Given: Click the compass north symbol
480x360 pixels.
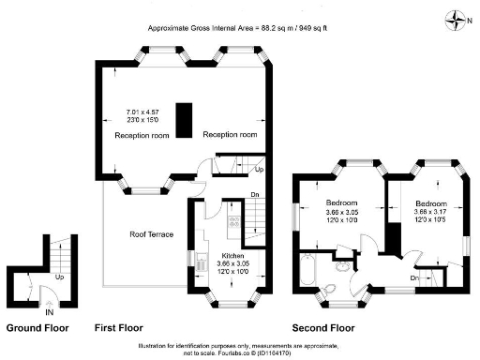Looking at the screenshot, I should (457, 17).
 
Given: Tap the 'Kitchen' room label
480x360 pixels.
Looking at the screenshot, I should (233, 256).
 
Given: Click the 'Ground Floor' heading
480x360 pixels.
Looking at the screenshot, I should (37, 329).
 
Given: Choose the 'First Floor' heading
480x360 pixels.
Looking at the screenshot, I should (118, 329).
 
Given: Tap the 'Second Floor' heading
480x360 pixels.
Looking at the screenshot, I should (323, 329).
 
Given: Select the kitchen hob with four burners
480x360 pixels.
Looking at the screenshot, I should (232, 224).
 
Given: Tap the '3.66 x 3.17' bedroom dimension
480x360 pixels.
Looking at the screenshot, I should (432, 213).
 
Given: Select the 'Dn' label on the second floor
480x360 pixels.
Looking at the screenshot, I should (414, 277).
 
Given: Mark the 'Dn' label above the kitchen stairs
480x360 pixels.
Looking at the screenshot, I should (254, 195).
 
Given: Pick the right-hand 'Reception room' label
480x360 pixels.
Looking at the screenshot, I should (230, 135).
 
